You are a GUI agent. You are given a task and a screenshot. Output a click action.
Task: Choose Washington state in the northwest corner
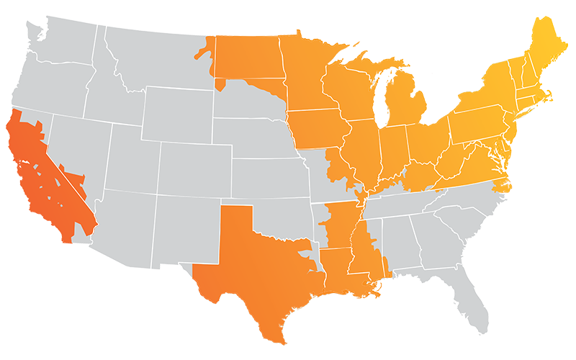[x=58, y=43]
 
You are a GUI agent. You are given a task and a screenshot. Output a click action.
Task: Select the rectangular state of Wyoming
[x=176, y=112]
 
